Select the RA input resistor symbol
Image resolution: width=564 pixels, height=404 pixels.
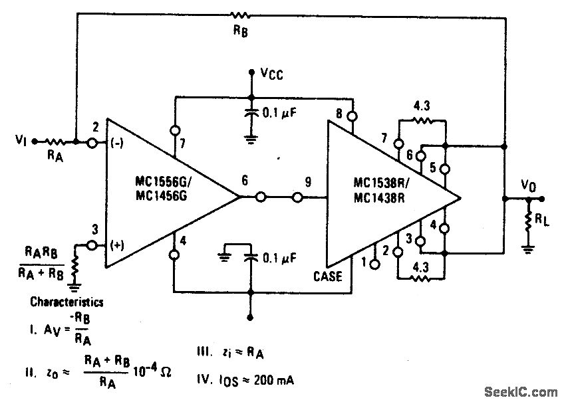[x=55, y=142]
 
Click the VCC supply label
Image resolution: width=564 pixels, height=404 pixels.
[x=271, y=75]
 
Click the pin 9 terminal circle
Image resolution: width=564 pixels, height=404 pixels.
[x=298, y=197]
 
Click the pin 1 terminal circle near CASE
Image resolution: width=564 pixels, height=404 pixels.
[x=374, y=264]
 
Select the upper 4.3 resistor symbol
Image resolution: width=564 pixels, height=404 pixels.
[x=420, y=121]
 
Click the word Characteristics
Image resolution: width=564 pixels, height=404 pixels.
[x=67, y=302]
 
